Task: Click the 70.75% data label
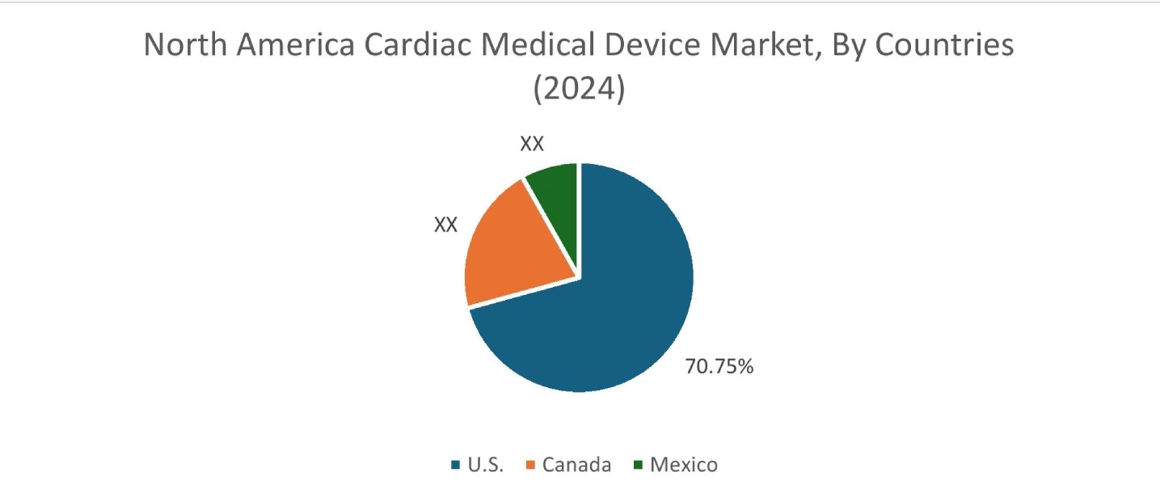719,366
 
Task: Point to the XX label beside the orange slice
445,225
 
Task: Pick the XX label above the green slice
531,144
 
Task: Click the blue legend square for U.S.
455,465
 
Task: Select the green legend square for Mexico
638,465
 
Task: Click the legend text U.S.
485,465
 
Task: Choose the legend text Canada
576,465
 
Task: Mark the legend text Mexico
684,465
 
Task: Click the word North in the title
185,45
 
